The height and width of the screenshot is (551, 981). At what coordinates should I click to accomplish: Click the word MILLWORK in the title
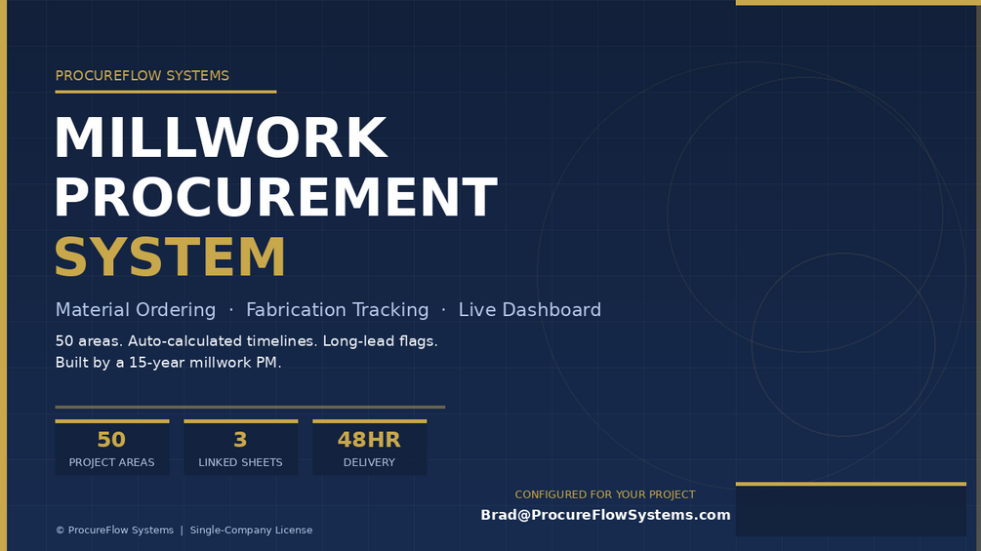(x=221, y=138)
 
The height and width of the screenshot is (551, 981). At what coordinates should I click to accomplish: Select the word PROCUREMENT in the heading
(x=276, y=197)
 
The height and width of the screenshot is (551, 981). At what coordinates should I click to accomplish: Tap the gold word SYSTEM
(x=170, y=256)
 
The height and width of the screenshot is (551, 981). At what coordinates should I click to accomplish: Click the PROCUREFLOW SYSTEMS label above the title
(x=142, y=76)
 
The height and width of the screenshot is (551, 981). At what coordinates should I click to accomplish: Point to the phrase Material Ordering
(x=135, y=310)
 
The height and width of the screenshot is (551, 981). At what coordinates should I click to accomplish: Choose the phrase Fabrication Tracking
(x=337, y=310)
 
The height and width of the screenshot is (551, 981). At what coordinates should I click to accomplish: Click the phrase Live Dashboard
(x=530, y=310)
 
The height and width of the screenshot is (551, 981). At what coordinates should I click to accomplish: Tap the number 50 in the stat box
(x=111, y=440)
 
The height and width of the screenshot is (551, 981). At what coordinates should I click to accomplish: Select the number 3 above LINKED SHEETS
(x=240, y=440)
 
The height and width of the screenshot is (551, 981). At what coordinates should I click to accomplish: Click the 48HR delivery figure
(x=369, y=440)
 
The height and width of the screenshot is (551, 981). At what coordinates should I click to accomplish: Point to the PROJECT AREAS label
(x=111, y=462)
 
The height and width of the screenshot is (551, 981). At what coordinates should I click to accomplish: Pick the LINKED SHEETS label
(x=240, y=462)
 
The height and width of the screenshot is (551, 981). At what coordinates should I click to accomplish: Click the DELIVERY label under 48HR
(x=369, y=462)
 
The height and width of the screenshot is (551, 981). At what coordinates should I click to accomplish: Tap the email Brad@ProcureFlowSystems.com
(x=605, y=515)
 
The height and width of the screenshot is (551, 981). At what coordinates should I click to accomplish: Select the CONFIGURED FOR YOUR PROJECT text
(x=605, y=494)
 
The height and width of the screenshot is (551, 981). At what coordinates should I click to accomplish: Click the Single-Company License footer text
(x=251, y=530)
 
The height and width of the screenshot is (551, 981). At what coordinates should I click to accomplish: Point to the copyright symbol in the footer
(x=61, y=531)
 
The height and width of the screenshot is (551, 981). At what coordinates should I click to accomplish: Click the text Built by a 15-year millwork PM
(x=168, y=363)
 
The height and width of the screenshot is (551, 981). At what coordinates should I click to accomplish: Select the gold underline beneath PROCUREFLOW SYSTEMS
(x=166, y=92)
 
